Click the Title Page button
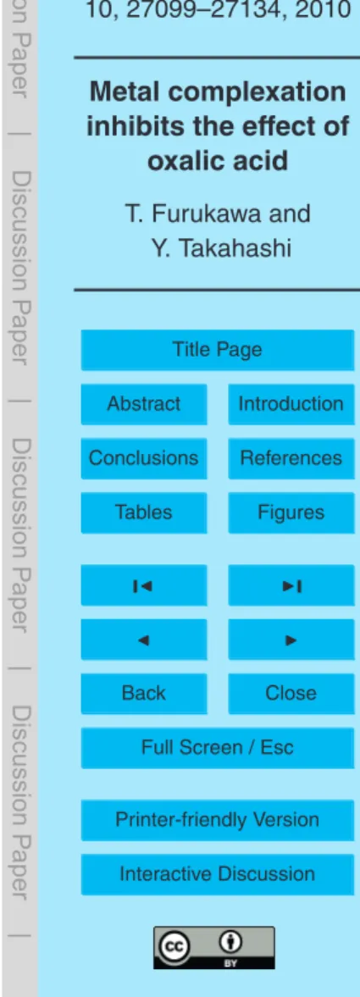pos(218,350)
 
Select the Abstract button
pos(144,404)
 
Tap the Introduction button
pos(291,404)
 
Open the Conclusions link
pos(144,458)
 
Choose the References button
pos(291,458)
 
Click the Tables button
pos(144,512)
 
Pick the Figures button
pos(291,512)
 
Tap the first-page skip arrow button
pos(144,585)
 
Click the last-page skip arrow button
pos(291,585)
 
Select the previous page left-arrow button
pos(144,639)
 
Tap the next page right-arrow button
pos(291,639)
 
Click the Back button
pos(144,693)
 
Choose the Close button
pos(291,693)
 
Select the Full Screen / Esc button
pos(218,747)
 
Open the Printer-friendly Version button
pos(218,820)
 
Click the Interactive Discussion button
pos(218,874)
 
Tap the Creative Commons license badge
pos(214,948)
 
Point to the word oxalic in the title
pos(180,162)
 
